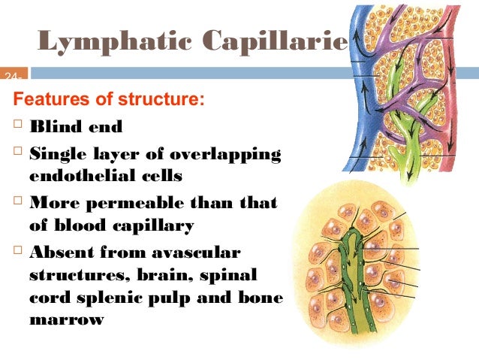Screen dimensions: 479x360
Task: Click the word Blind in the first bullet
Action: point(57,127)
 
